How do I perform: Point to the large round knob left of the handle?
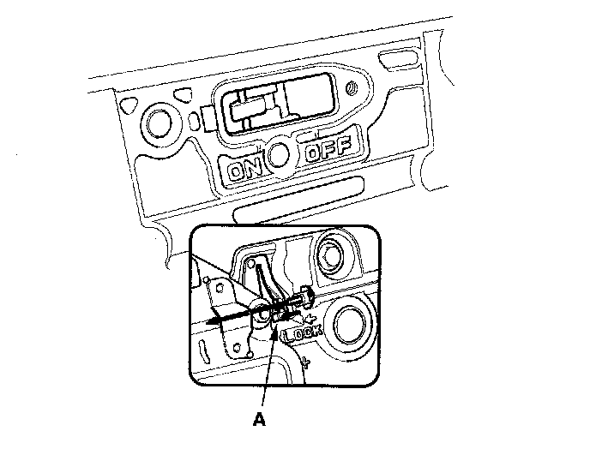tap(160, 125)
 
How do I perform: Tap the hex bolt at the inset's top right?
tap(330, 253)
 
